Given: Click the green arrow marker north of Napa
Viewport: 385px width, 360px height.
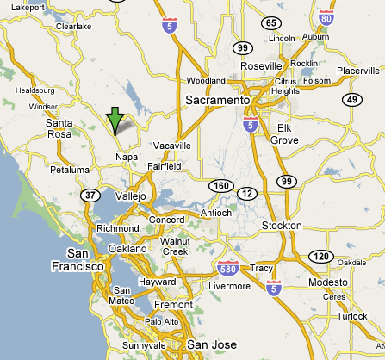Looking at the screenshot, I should (x=115, y=121).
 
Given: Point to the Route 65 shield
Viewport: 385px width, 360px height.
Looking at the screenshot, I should (x=272, y=23).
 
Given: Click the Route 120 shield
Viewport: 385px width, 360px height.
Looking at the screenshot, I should (x=321, y=256).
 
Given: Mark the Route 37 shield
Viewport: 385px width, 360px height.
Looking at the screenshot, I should (x=90, y=196).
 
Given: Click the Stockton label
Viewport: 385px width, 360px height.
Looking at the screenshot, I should (x=282, y=226).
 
